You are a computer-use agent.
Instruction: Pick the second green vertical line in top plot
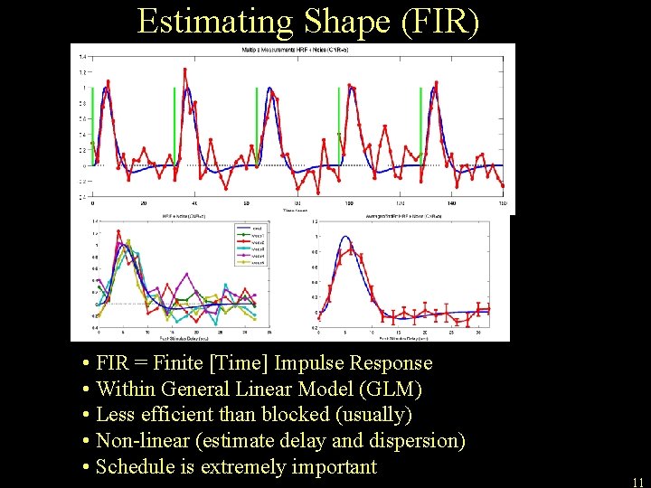(175, 127)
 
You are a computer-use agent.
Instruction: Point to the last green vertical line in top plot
(422, 127)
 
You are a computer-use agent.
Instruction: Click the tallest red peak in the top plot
(185, 70)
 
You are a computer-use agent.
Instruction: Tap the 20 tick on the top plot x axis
(143, 203)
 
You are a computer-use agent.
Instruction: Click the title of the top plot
(294, 48)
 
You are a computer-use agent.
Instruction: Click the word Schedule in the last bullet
(133, 467)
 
